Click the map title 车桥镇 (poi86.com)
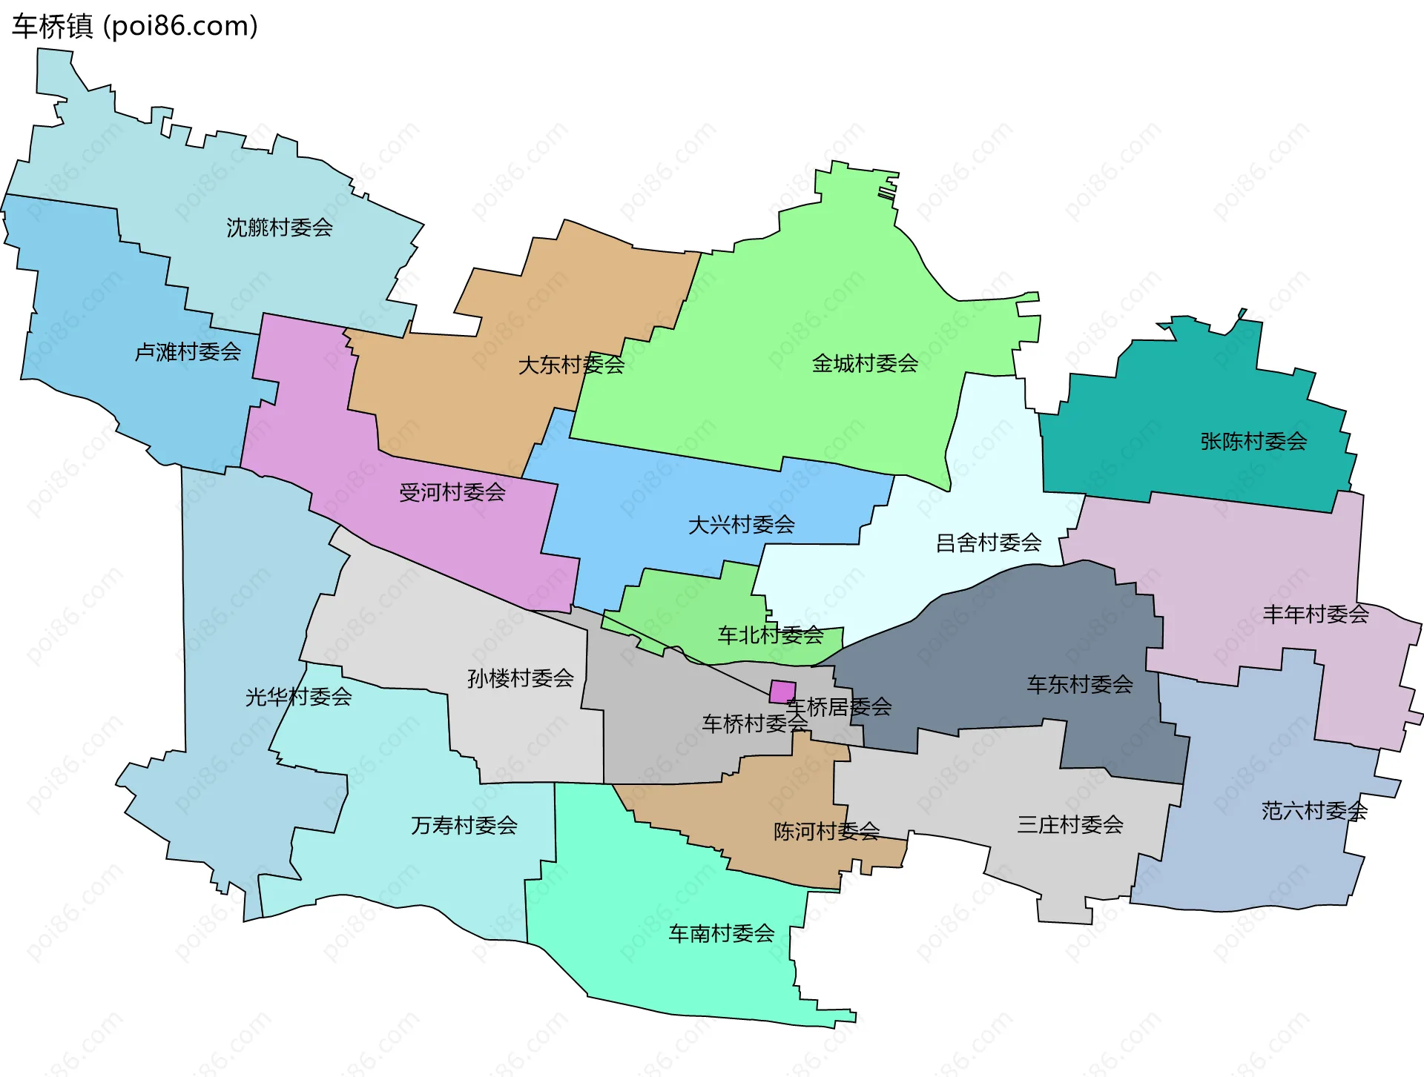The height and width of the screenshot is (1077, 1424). click(134, 26)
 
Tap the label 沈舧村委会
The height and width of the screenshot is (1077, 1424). click(279, 228)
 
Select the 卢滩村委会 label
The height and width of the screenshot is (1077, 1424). click(188, 351)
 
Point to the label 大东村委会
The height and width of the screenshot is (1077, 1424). click(571, 365)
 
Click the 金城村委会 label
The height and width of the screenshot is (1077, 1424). click(865, 363)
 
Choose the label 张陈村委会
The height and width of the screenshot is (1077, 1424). click(1253, 442)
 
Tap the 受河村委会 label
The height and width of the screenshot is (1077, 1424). click(452, 492)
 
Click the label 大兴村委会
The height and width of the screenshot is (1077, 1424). click(742, 525)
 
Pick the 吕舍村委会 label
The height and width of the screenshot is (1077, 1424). click(989, 543)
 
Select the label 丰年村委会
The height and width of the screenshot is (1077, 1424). click(1316, 614)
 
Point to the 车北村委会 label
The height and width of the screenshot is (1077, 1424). click(771, 634)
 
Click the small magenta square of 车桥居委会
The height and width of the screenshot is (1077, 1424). click(782, 692)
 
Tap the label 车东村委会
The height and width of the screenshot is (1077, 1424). click(1080, 684)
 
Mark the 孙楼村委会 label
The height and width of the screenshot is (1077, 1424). click(521, 678)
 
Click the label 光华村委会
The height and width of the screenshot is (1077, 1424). click(298, 697)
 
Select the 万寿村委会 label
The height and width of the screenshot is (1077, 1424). click(464, 825)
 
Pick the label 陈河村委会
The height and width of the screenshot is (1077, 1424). click(826, 832)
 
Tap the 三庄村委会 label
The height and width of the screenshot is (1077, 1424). click(1070, 824)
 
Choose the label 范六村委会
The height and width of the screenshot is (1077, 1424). click(1314, 811)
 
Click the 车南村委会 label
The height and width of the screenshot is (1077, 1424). click(722, 933)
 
